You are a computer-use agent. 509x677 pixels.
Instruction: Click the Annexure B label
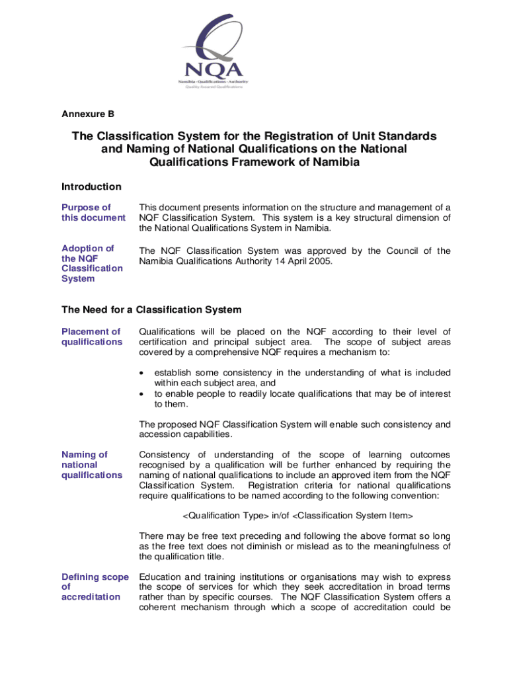click(87, 114)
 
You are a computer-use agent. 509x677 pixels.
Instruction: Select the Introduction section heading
click(91, 186)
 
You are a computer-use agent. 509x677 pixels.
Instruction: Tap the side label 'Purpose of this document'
click(93, 213)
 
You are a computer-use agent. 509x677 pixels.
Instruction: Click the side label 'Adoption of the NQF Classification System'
click(92, 263)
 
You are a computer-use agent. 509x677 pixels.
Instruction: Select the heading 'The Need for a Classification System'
click(151, 309)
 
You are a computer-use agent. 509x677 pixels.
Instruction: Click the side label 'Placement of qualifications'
click(91, 337)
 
